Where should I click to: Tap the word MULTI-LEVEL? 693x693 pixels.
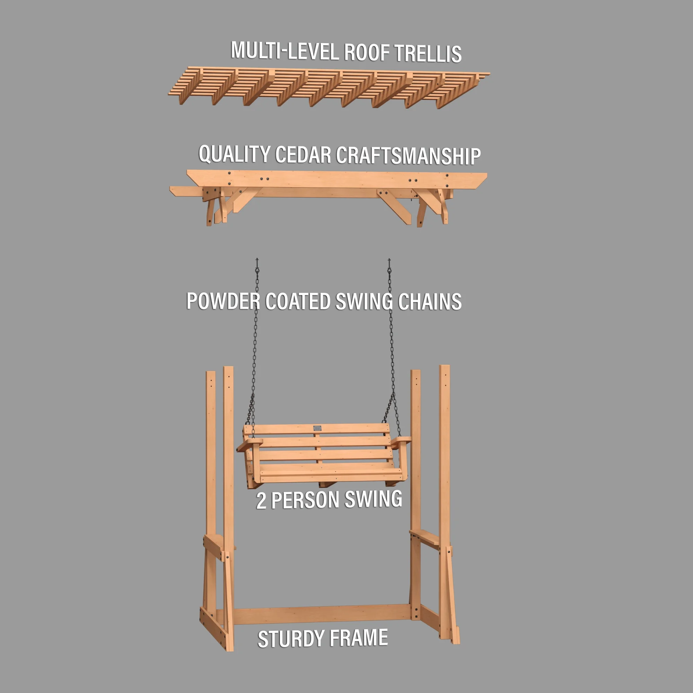pyautogui.click(x=285, y=51)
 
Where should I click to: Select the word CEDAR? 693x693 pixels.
pyautogui.click(x=303, y=155)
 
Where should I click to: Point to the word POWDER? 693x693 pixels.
pyautogui.click(x=223, y=301)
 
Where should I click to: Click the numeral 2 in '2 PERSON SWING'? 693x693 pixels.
pyautogui.click(x=261, y=501)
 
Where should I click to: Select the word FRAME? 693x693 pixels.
pyautogui.click(x=358, y=638)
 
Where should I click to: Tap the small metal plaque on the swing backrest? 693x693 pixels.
pyautogui.click(x=317, y=428)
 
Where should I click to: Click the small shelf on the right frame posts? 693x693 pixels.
pyautogui.click(x=426, y=538)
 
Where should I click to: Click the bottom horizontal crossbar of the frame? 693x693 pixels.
pyautogui.click(x=322, y=614)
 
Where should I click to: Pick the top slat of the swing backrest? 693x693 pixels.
pyautogui.click(x=317, y=429)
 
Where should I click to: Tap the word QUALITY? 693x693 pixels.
pyautogui.click(x=234, y=154)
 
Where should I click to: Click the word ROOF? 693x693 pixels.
pyautogui.click(x=367, y=52)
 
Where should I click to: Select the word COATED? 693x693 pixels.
pyautogui.click(x=298, y=301)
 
